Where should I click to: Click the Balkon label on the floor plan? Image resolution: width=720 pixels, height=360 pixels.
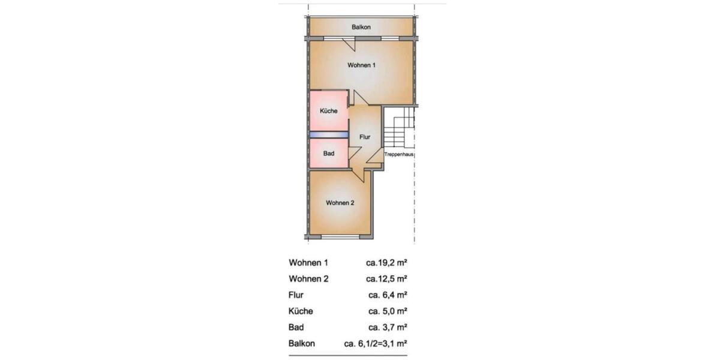361,28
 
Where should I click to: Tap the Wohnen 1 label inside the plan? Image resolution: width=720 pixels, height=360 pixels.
361,65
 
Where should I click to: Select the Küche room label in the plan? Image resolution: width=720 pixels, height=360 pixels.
328,111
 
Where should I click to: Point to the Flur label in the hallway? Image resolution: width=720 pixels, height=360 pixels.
365,137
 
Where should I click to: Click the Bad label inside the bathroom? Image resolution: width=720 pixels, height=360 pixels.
328,154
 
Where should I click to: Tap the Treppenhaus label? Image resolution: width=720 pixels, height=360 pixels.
400,154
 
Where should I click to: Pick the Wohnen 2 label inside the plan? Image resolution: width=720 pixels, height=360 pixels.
340,203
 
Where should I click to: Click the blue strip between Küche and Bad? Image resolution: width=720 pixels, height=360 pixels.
329,135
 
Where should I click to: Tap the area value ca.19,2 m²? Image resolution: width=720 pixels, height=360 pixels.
387,263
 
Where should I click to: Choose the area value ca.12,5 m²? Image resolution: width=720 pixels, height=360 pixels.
387,279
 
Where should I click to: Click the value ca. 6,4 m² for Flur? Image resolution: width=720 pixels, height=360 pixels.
388,295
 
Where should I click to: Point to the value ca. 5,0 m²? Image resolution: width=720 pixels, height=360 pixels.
388,311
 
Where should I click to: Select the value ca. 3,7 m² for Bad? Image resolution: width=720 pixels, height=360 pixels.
388,328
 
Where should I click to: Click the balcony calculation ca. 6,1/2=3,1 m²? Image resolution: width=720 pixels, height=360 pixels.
376,344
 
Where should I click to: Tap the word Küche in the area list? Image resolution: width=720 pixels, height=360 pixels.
301,311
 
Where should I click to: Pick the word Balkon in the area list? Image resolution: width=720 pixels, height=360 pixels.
302,344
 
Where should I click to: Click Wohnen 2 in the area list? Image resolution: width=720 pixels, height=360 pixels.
308,279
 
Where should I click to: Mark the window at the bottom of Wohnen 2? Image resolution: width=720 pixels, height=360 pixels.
340,237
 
